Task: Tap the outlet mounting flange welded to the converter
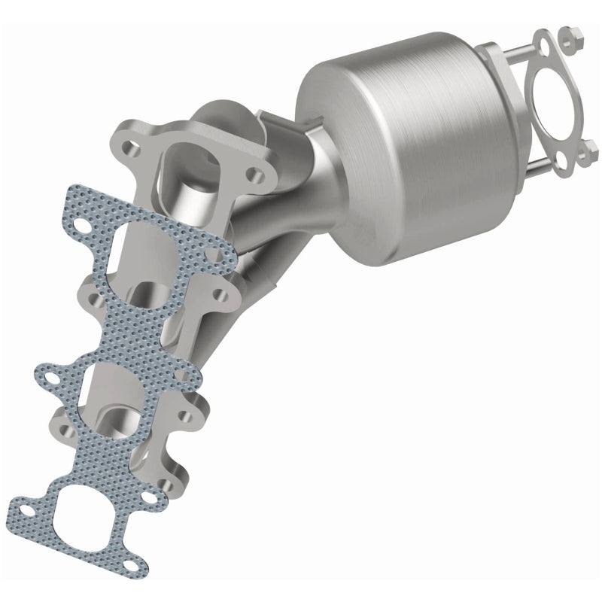(x=490, y=83)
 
